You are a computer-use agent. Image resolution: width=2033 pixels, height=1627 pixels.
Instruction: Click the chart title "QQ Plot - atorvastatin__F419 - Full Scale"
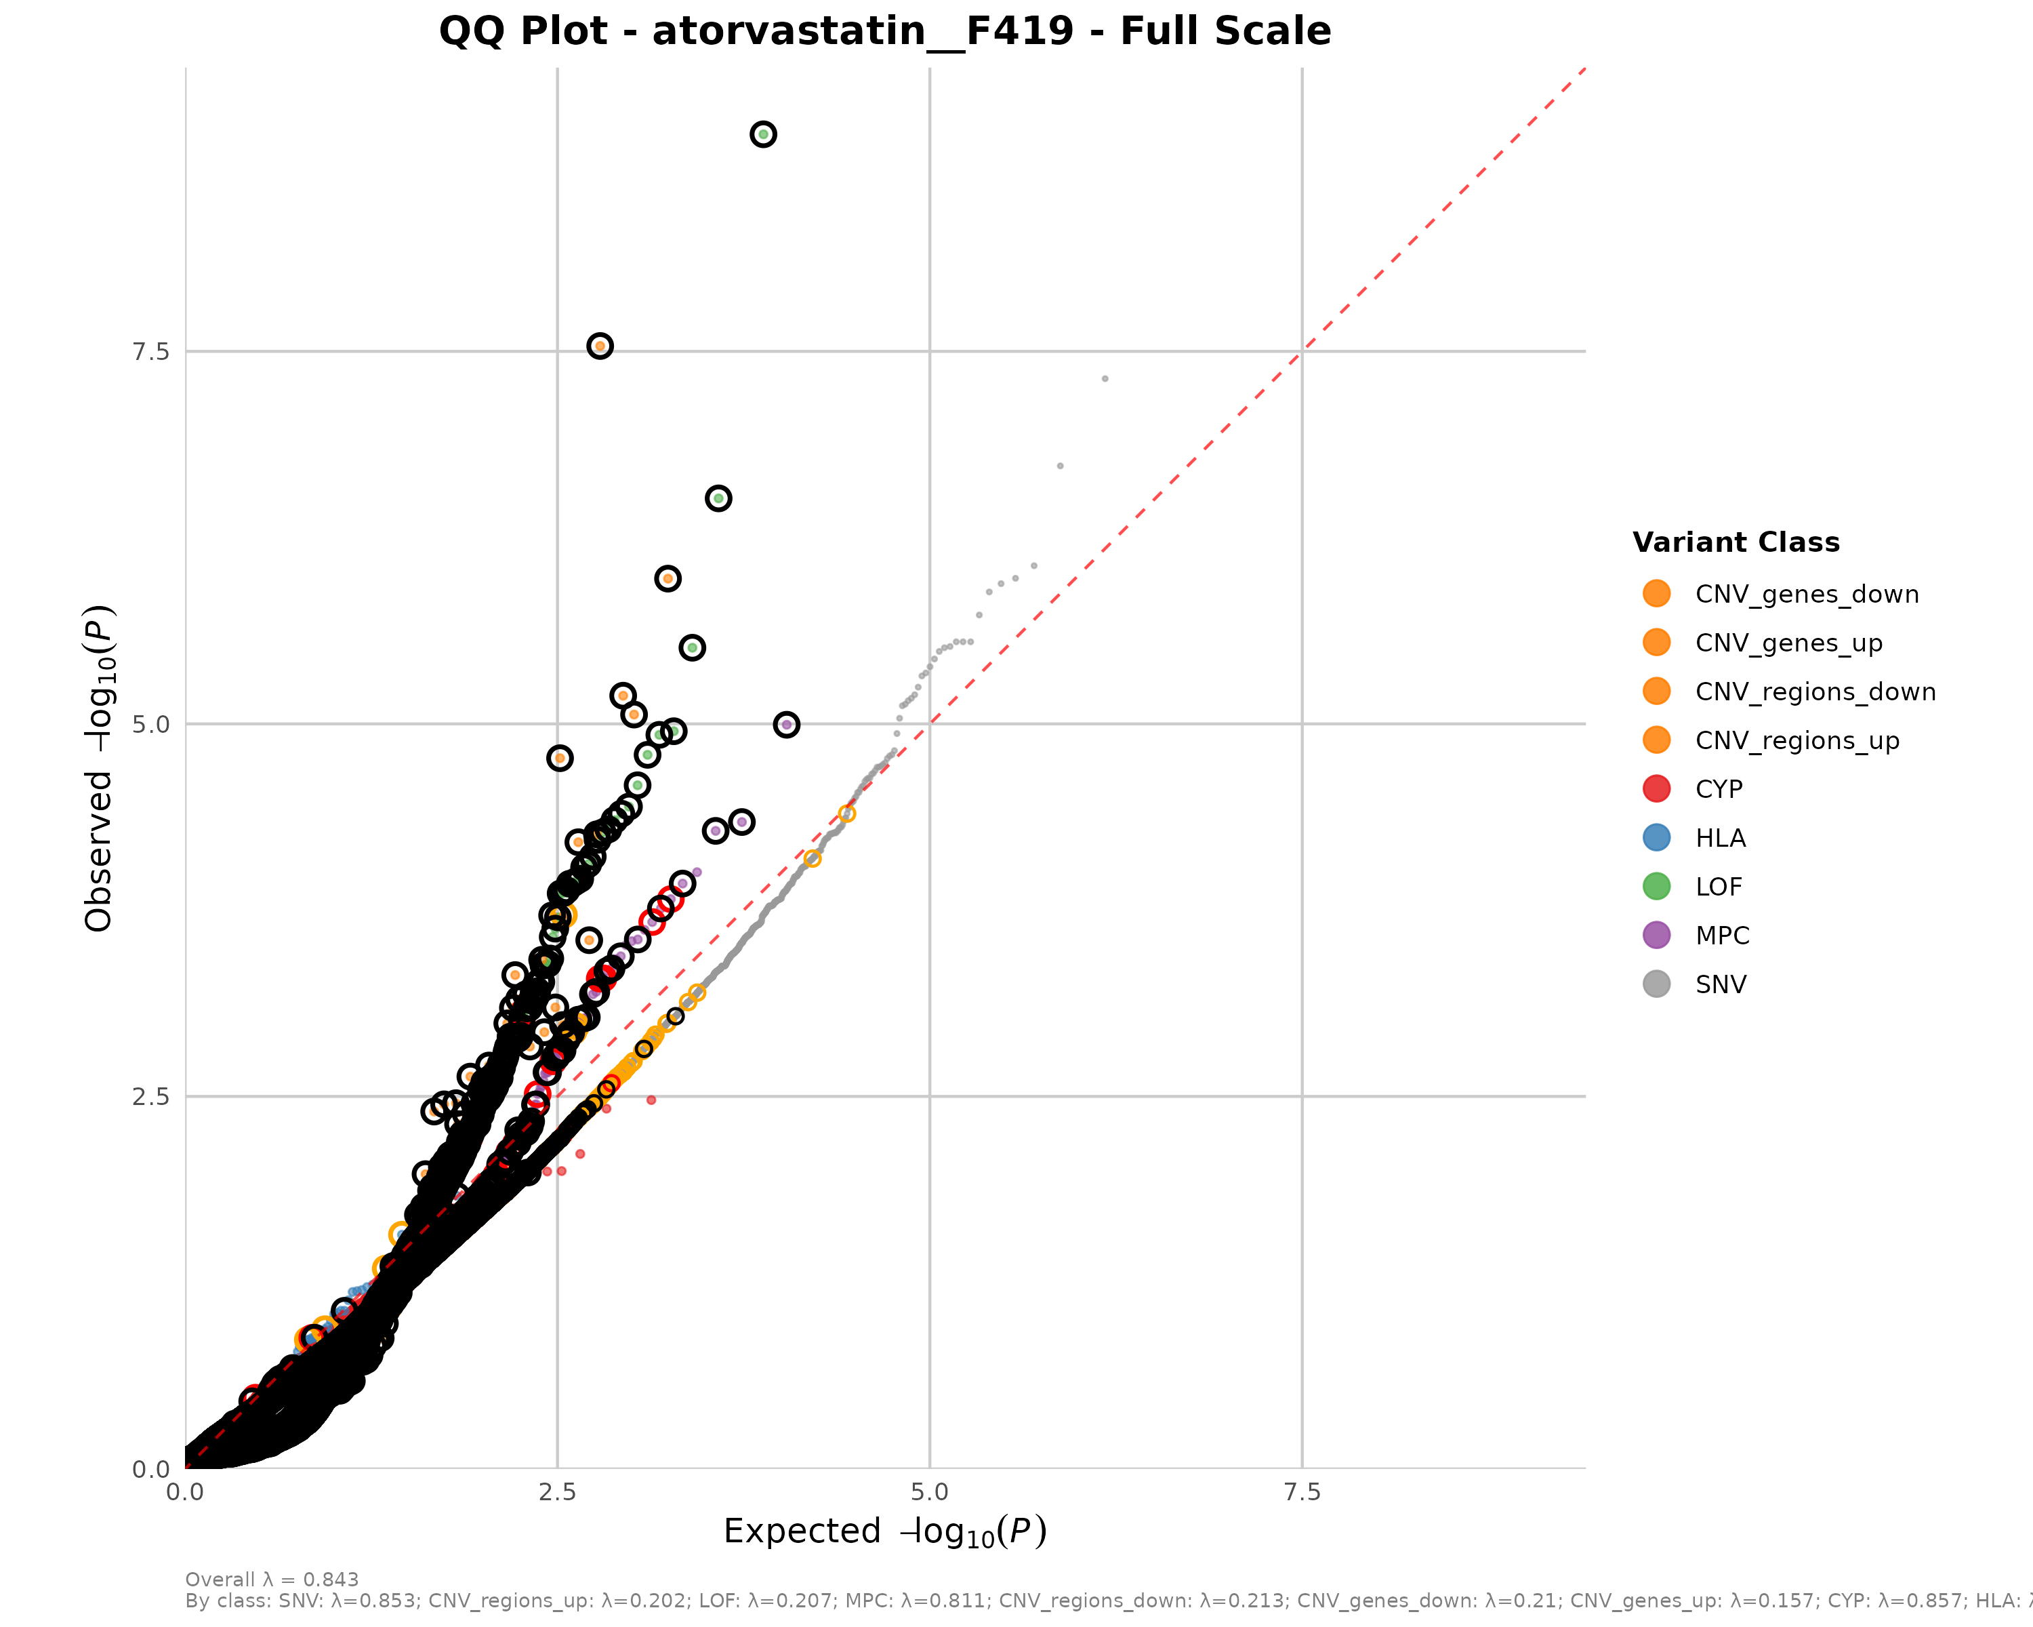pos(884,31)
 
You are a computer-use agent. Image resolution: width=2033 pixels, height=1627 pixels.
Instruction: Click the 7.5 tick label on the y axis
pos(151,352)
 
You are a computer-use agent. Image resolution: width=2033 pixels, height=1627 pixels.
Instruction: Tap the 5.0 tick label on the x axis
pos(930,1492)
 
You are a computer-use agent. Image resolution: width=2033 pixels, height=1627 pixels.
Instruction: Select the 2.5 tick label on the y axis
pos(151,1097)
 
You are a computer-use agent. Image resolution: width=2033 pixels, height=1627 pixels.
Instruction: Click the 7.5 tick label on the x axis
pos(1302,1492)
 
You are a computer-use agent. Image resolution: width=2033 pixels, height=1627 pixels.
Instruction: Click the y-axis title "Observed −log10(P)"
pos(99,768)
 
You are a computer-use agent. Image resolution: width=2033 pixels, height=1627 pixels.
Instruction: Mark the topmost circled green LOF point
pos(763,135)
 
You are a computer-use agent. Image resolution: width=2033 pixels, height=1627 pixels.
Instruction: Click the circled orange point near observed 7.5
pos(600,346)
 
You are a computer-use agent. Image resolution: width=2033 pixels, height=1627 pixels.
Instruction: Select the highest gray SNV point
pos(1105,379)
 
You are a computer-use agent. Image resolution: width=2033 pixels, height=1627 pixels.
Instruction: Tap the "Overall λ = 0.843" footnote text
pos(272,1580)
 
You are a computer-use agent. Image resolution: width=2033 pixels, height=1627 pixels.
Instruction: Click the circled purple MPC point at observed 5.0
pos(786,725)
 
